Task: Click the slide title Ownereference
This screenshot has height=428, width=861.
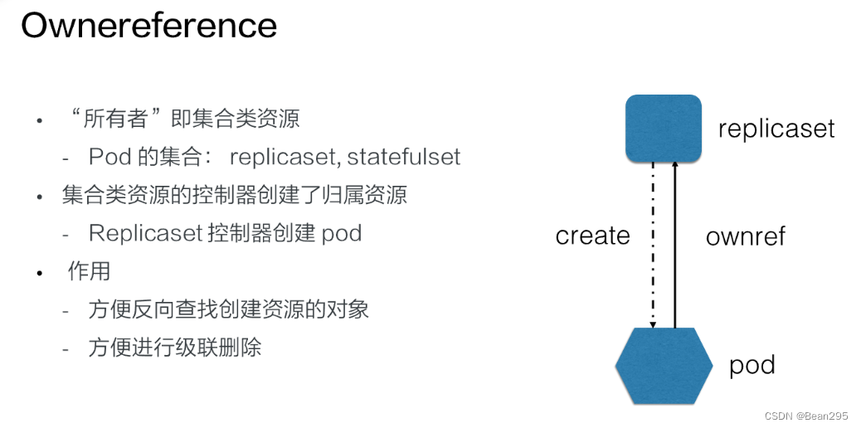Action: click(148, 26)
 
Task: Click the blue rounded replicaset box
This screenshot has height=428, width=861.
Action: click(663, 127)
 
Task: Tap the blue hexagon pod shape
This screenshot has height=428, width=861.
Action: click(664, 366)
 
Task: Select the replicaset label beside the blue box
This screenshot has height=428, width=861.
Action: click(776, 129)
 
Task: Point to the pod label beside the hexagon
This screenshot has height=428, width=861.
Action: click(752, 365)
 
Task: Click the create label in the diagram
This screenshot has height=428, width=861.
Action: click(592, 236)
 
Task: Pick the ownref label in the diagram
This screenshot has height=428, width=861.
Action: click(745, 236)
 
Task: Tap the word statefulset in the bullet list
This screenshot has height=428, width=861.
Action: click(404, 157)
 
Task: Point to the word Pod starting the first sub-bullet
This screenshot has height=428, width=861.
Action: click(105, 157)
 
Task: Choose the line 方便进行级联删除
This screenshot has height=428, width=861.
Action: click(175, 347)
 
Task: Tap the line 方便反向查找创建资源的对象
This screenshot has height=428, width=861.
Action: click(228, 309)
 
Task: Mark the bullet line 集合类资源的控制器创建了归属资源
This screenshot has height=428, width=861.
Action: click(235, 195)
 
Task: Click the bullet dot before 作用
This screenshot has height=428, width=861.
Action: click(39, 272)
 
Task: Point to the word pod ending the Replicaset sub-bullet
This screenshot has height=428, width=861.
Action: click(341, 233)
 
